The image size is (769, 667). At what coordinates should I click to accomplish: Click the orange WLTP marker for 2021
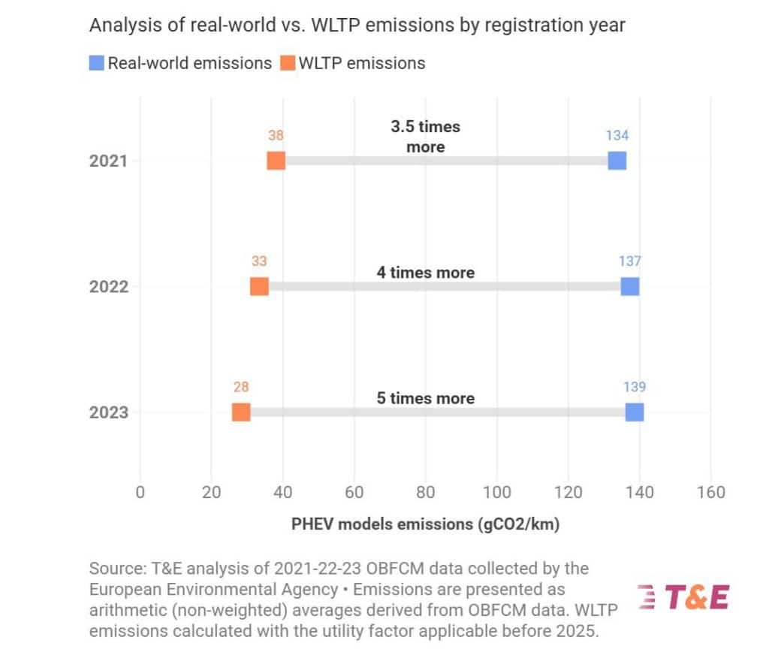tap(276, 161)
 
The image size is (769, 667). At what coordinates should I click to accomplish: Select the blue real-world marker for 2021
tap(617, 161)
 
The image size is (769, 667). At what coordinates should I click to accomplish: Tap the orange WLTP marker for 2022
tap(259, 286)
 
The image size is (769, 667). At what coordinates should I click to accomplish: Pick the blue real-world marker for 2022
tap(630, 286)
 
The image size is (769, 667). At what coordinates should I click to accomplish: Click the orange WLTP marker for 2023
tap(241, 412)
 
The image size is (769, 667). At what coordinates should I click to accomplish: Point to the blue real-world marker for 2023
tap(635, 412)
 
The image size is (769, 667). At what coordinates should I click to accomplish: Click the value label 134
tap(617, 135)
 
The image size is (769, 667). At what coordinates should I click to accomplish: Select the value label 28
tap(241, 387)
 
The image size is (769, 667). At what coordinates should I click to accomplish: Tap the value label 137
tap(630, 261)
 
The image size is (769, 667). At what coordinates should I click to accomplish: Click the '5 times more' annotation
tap(426, 398)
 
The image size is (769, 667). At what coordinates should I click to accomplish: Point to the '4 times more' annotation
tap(426, 273)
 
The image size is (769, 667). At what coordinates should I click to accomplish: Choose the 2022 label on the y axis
tap(108, 287)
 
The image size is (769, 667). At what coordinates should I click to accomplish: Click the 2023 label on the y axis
tap(108, 412)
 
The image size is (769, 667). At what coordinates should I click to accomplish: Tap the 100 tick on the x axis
tap(497, 493)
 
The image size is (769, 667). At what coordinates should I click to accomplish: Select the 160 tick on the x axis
tap(711, 493)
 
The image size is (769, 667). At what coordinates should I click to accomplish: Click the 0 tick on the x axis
tap(140, 493)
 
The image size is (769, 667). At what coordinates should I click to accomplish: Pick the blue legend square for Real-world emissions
tap(97, 63)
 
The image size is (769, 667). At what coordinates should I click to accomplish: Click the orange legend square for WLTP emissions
tap(288, 63)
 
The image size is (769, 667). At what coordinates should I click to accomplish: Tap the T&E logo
tap(683, 597)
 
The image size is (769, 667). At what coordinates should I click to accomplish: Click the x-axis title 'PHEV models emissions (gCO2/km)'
tap(425, 524)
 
